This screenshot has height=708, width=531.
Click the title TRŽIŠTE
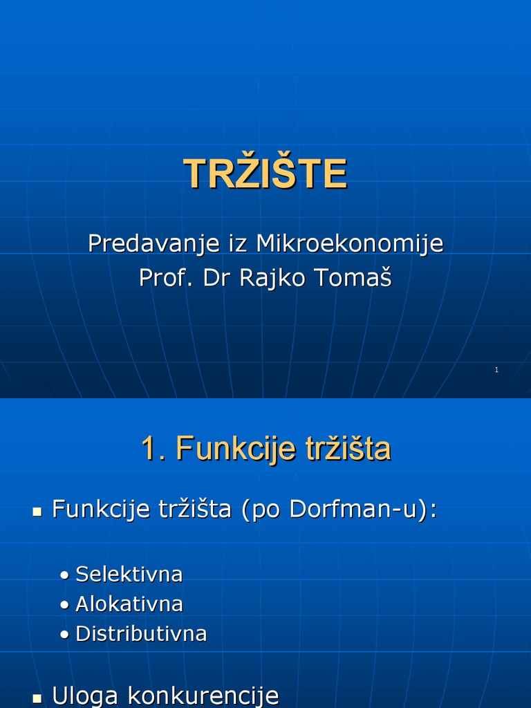(x=265, y=174)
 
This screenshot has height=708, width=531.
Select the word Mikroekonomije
(x=349, y=243)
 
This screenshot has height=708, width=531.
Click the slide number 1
(x=496, y=371)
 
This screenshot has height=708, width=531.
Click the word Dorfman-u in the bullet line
(x=360, y=510)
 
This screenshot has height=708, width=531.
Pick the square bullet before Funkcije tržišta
(x=37, y=512)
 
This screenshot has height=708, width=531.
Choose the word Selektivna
(x=129, y=574)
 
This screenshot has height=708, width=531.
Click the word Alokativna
(x=129, y=604)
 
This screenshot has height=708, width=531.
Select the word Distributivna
(x=141, y=633)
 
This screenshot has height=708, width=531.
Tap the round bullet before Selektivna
(x=64, y=575)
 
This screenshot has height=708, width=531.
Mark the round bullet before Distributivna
(x=64, y=635)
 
